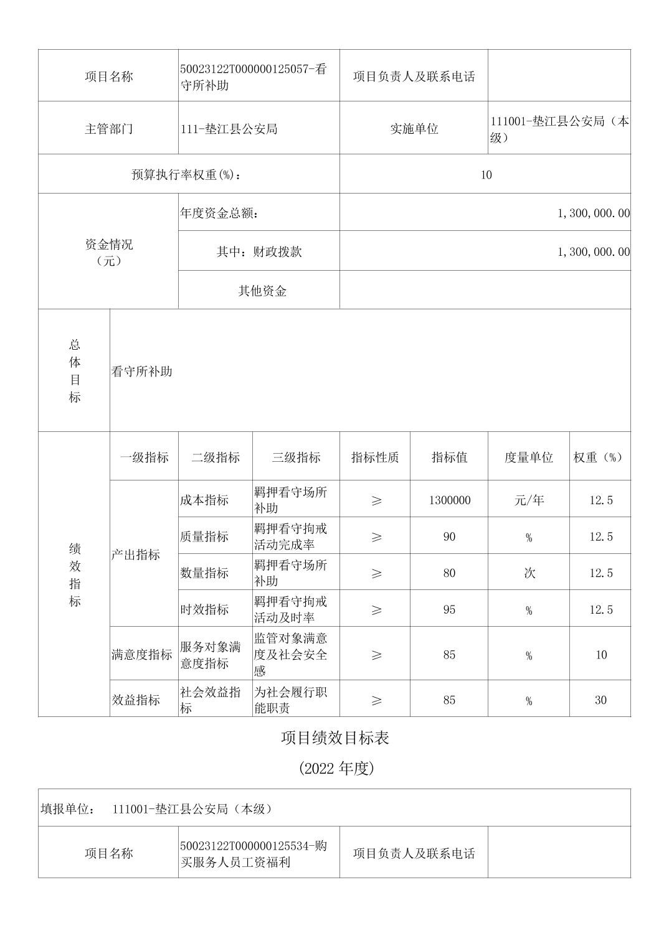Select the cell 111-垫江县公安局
pos(229,129)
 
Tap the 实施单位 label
pos(414,129)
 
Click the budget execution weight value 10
pos(486,175)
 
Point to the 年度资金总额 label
pos(219,213)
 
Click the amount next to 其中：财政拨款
pos(593,252)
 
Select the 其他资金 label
pos(262,291)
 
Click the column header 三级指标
pos(296,457)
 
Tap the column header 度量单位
pos(528,457)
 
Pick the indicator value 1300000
pos(449,500)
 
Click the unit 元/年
pos(528,500)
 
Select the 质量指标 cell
pos(204,536)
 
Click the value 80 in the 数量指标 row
pos(449,573)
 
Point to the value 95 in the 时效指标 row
pos(449,610)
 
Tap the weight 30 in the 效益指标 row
pos(600,700)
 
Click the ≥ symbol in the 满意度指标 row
pos(376,655)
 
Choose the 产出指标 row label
pos(135,555)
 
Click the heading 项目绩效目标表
pos(335,738)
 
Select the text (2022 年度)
pos(336,769)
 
